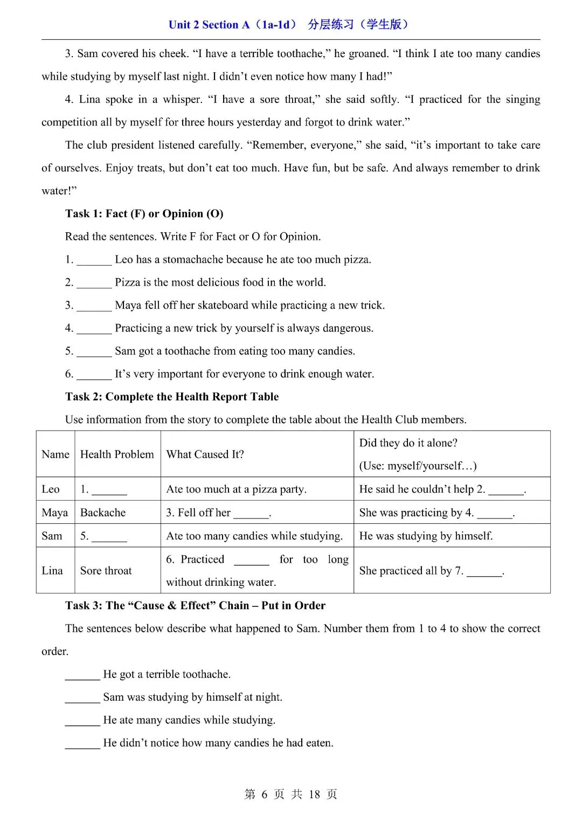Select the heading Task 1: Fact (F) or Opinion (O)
(x=144, y=214)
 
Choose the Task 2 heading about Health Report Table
(x=172, y=397)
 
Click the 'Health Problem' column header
(x=117, y=454)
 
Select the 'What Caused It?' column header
(x=205, y=454)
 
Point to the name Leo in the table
(x=51, y=489)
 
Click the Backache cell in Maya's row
(x=103, y=513)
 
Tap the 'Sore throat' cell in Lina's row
(x=106, y=571)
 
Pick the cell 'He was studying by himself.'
(x=426, y=536)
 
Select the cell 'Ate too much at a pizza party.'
(x=236, y=489)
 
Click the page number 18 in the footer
(x=314, y=794)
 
